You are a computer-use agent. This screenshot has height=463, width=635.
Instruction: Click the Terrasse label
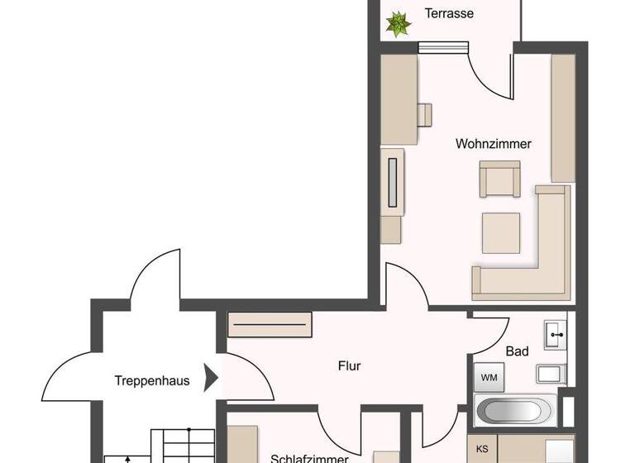(448, 13)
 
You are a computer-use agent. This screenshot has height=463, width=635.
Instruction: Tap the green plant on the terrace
(399, 24)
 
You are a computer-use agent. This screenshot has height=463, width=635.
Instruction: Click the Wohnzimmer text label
(493, 144)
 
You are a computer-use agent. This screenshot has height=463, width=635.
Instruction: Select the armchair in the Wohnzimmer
(500, 180)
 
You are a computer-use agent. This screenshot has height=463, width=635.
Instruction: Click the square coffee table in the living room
(502, 233)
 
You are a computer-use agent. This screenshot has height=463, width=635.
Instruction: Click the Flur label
(350, 365)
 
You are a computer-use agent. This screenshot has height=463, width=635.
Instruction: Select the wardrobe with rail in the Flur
(270, 323)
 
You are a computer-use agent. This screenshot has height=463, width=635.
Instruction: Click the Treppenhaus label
(152, 381)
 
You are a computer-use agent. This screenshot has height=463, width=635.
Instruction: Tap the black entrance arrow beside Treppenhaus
(212, 379)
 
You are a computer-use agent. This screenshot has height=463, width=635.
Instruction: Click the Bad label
(518, 351)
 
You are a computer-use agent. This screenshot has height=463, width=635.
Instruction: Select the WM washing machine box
(489, 378)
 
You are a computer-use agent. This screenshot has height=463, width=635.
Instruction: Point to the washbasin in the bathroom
(556, 336)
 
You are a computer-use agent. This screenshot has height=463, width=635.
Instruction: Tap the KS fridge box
(481, 450)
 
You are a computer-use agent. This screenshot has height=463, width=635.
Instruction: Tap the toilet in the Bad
(551, 374)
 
